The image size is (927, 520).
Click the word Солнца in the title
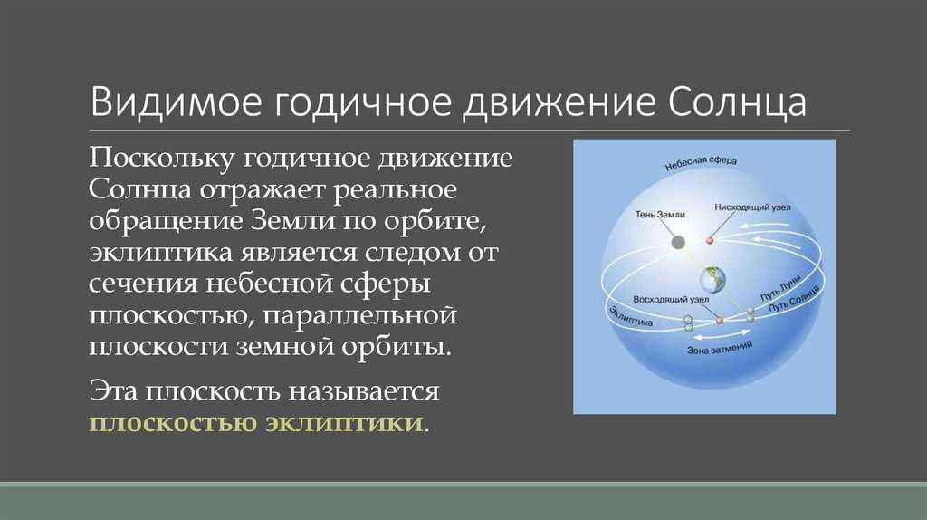click(x=737, y=102)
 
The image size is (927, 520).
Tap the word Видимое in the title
click(x=176, y=101)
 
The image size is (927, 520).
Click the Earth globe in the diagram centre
click(x=712, y=279)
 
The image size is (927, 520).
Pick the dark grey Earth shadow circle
click(x=678, y=242)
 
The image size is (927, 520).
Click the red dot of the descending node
click(x=710, y=241)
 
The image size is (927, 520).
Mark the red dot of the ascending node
click(x=720, y=320)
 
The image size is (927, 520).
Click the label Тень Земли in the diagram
click(x=660, y=214)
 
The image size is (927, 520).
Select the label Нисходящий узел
click(x=752, y=207)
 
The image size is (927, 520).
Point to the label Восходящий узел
click(x=671, y=299)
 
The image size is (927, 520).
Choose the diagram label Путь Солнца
click(x=794, y=299)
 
